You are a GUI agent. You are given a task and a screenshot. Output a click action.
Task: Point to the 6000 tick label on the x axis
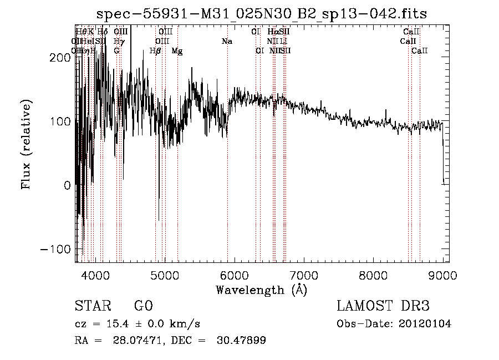click(x=234, y=274)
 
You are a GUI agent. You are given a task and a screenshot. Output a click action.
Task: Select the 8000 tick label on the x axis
click(x=373, y=274)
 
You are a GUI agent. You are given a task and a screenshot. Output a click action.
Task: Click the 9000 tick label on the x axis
click(x=442, y=274)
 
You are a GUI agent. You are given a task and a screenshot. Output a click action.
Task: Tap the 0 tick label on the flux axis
click(x=67, y=185)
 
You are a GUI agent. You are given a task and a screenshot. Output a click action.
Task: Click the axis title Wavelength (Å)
click(x=261, y=290)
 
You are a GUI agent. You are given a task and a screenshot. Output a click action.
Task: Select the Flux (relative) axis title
click(x=27, y=144)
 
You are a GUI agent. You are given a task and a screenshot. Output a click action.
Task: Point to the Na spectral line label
click(x=226, y=42)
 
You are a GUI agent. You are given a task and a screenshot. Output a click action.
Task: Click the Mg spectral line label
click(x=177, y=51)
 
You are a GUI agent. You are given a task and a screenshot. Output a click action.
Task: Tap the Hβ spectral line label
click(x=155, y=51)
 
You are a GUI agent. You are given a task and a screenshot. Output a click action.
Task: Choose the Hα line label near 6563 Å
click(x=273, y=32)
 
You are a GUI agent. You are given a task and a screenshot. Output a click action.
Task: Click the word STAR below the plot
click(x=91, y=306)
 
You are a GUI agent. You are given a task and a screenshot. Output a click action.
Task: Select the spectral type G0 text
click(x=143, y=306)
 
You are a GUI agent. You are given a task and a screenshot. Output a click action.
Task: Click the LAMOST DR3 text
click(x=383, y=306)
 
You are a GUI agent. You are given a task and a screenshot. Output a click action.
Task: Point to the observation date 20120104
click(x=425, y=324)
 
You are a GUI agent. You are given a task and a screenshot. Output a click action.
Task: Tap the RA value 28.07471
click(x=140, y=341)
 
